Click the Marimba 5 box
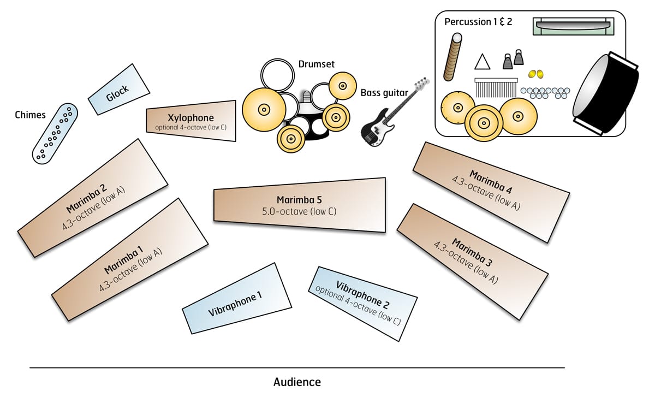pos(299,205)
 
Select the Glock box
pos(119,89)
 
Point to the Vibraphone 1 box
pos(236,298)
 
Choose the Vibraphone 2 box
pos(363,303)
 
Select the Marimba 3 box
pos(472,260)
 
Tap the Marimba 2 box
pos(92,197)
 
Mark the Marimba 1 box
pos(130,259)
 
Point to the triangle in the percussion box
pos(482,62)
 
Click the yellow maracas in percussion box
pos(535,74)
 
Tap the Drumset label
pos(317,64)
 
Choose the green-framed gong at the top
pos(573,26)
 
